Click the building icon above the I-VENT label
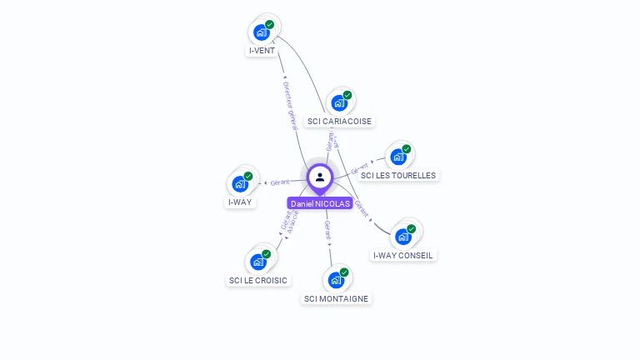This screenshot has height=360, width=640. [262, 32]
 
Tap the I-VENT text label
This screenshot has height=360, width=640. [262, 51]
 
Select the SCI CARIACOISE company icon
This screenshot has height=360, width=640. [339, 103]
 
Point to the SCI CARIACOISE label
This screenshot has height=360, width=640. [339, 122]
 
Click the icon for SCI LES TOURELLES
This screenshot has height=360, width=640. [398, 157]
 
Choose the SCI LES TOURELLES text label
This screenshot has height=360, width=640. [398, 175]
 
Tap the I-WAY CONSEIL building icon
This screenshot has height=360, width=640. [403, 236]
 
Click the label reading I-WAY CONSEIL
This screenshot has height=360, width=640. [403, 255]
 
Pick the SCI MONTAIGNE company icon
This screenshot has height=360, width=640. [336, 280]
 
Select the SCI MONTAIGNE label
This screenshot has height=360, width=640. [336, 298]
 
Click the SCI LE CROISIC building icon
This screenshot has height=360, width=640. [258, 262]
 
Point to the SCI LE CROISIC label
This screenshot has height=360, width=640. [258, 281]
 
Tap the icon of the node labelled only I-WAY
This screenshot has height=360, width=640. [240, 184]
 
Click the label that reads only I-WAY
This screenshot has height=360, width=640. [240, 202]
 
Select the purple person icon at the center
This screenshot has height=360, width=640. [320, 177]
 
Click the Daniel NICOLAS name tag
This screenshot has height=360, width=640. [320, 203]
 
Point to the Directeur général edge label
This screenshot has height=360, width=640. [289, 105]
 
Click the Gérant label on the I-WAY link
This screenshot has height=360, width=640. [280, 182]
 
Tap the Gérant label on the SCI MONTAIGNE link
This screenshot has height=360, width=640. [327, 231]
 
